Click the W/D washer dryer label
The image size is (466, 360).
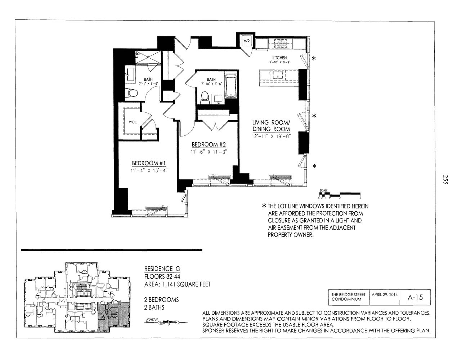(x=247, y=40)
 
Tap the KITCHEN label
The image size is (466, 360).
(x=279, y=58)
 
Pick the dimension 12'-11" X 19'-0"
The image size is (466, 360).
(x=271, y=136)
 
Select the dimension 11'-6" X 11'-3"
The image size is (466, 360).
(x=209, y=152)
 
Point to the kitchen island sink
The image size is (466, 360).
(x=278, y=75)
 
